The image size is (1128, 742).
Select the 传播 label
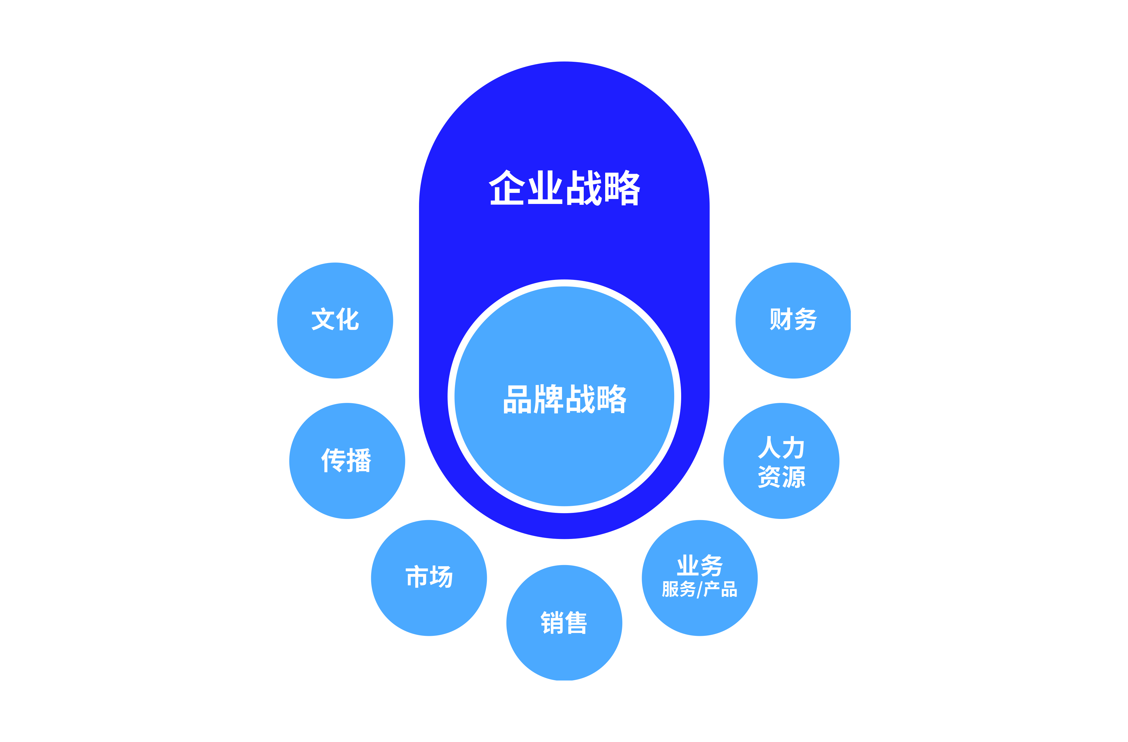[x=347, y=460]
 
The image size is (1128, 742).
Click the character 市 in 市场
[x=418, y=577]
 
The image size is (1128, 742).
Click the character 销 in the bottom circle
[x=552, y=623]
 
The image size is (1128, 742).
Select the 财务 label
[x=793, y=319]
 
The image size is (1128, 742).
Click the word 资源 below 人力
[x=781, y=477]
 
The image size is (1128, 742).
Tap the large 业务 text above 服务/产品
[x=699, y=565]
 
